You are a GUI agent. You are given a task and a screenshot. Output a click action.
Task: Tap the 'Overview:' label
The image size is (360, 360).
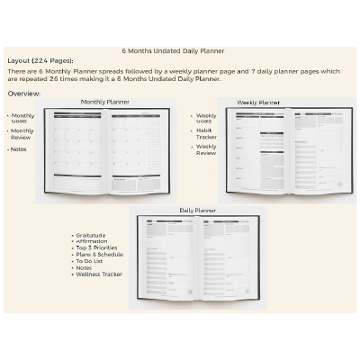pos(23,93)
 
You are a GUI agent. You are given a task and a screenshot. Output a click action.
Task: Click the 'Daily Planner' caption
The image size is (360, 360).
pos(197,210)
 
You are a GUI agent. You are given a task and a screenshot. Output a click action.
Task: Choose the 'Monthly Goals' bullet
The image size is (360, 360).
pos(23,118)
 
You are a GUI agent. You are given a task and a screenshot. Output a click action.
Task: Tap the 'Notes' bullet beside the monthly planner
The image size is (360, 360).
pos(19,148)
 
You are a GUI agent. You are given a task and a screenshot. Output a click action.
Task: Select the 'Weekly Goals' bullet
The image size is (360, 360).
pos(206,118)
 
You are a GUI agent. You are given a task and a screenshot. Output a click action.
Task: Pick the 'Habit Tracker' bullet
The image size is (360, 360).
pos(206,133)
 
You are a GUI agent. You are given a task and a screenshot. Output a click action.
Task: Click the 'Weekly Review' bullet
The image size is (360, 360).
pos(206,148)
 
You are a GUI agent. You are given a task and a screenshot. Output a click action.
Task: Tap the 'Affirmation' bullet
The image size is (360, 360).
pos(94,241)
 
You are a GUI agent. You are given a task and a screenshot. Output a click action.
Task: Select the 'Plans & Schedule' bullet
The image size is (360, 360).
pos(101,254)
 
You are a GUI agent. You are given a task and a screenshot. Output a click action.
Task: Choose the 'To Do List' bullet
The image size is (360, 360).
pos(93,261)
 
